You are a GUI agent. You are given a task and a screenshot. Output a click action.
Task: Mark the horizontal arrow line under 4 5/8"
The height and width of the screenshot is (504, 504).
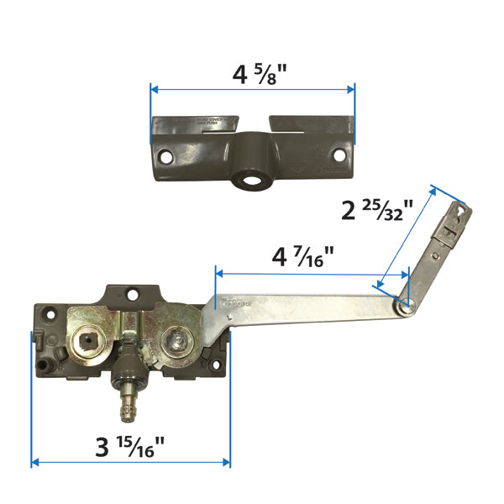(x=252, y=87)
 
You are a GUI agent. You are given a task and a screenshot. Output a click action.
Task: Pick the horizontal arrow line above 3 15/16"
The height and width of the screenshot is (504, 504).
(x=130, y=462)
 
